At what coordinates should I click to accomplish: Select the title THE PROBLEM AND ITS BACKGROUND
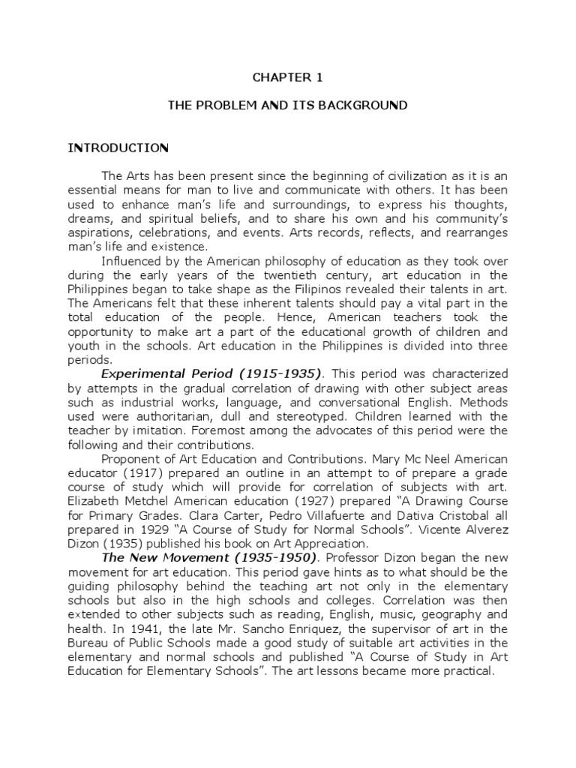(288, 106)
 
